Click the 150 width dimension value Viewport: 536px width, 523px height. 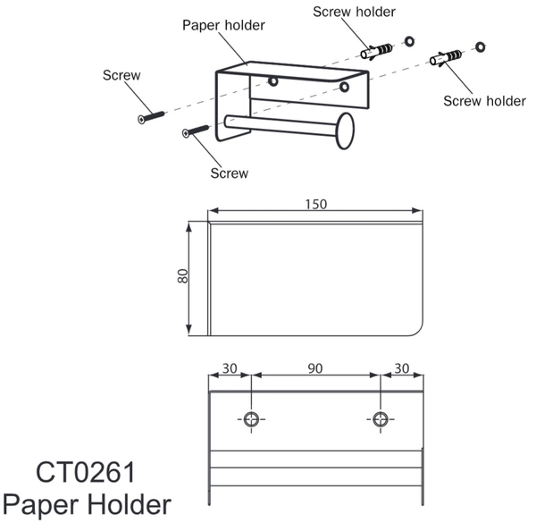pyautogui.click(x=316, y=204)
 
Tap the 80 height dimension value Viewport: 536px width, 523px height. pyautogui.click(x=183, y=276)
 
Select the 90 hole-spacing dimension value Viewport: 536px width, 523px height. pyautogui.click(x=314, y=368)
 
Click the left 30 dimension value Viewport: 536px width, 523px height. pyautogui.click(x=230, y=368)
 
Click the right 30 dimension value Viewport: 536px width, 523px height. pyautogui.click(x=402, y=368)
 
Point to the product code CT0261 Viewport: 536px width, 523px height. pyautogui.click(x=86, y=472)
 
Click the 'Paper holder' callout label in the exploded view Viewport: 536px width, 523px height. pyautogui.click(x=223, y=26)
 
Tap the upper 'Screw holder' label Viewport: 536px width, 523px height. pyautogui.click(x=354, y=12)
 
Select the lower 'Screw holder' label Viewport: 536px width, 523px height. pyautogui.click(x=484, y=101)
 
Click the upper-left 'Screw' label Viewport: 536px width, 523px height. pyautogui.click(x=121, y=75)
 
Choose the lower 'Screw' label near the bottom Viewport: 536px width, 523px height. pyautogui.click(x=229, y=173)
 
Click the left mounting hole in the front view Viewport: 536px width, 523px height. pyautogui.click(x=251, y=419)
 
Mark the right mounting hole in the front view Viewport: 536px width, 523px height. pyautogui.click(x=381, y=419)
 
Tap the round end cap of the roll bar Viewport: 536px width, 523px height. pyautogui.click(x=345, y=131)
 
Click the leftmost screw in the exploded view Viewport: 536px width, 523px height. pyautogui.click(x=151, y=117)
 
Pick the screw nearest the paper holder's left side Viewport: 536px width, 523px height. pyautogui.click(x=196, y=131)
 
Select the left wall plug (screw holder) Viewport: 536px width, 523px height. pyautogui.click(x=376, y=51)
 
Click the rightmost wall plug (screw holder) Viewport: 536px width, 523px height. pyautogui.click(x=446, y=57)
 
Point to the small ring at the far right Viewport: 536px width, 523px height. pyautogui.click(x=480, y=46)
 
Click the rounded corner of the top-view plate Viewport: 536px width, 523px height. pyautogui.click(x=418, y=330)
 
